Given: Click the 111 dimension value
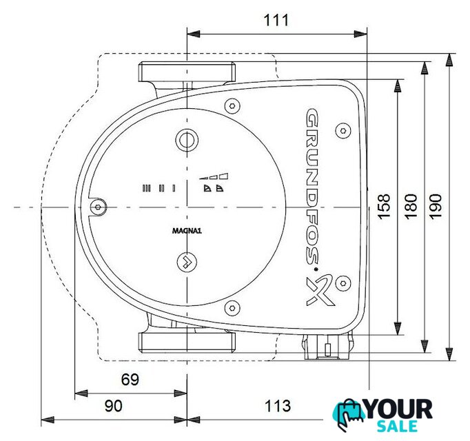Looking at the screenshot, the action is [x=276, y=21].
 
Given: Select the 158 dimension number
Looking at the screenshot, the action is [x=384, y=207].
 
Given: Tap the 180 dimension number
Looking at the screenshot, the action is [x=411, y=207].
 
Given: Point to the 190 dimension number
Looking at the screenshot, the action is [x=436, y=207].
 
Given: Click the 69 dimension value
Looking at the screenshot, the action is [x=130, y=380].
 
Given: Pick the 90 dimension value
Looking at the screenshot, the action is [x=114, y=407].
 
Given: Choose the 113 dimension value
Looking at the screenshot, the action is [x=278, y=407].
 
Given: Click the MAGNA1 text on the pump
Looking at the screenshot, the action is [x=187, y=231].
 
